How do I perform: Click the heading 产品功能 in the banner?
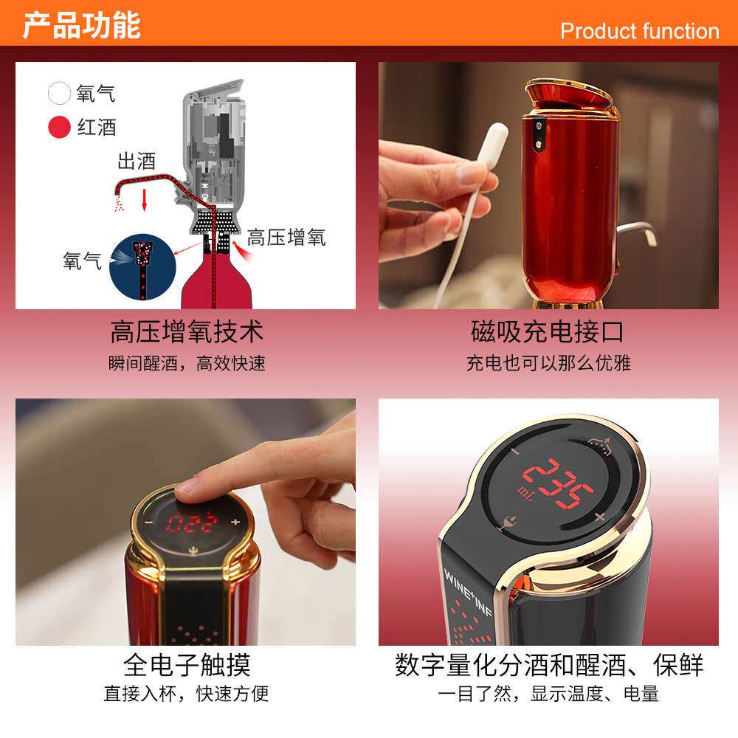pyautogui.click(x=81, y=25)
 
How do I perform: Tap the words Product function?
pyautogui.click(x=639, y=31)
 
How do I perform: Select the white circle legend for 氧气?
pyautogui.click(x=60, y=94)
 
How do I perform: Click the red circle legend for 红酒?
pyautogui.click(x=60, y=127)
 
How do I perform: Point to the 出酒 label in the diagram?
pyautogui.click(x=137, y=162)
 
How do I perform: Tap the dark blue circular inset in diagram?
pyautogui.click(x=142, y=266)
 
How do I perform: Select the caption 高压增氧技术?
pyautogui.click(x=186, y=331)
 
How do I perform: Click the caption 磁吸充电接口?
pyautogui.click(x=548, y=331)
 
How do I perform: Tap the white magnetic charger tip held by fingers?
pyautogui.click(x=493, y=144)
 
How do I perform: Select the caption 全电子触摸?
pyautogui.click(x=186, y=665)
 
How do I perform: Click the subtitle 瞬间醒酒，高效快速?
pyautogui.click(x=186, y=363)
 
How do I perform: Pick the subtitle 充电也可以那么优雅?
pyautogui.click(x=548, y=363)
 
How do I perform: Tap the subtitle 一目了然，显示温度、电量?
pyautogui.click(x=548, y=694)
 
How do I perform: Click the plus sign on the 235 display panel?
pyautogui.click(x=599, y=517)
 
